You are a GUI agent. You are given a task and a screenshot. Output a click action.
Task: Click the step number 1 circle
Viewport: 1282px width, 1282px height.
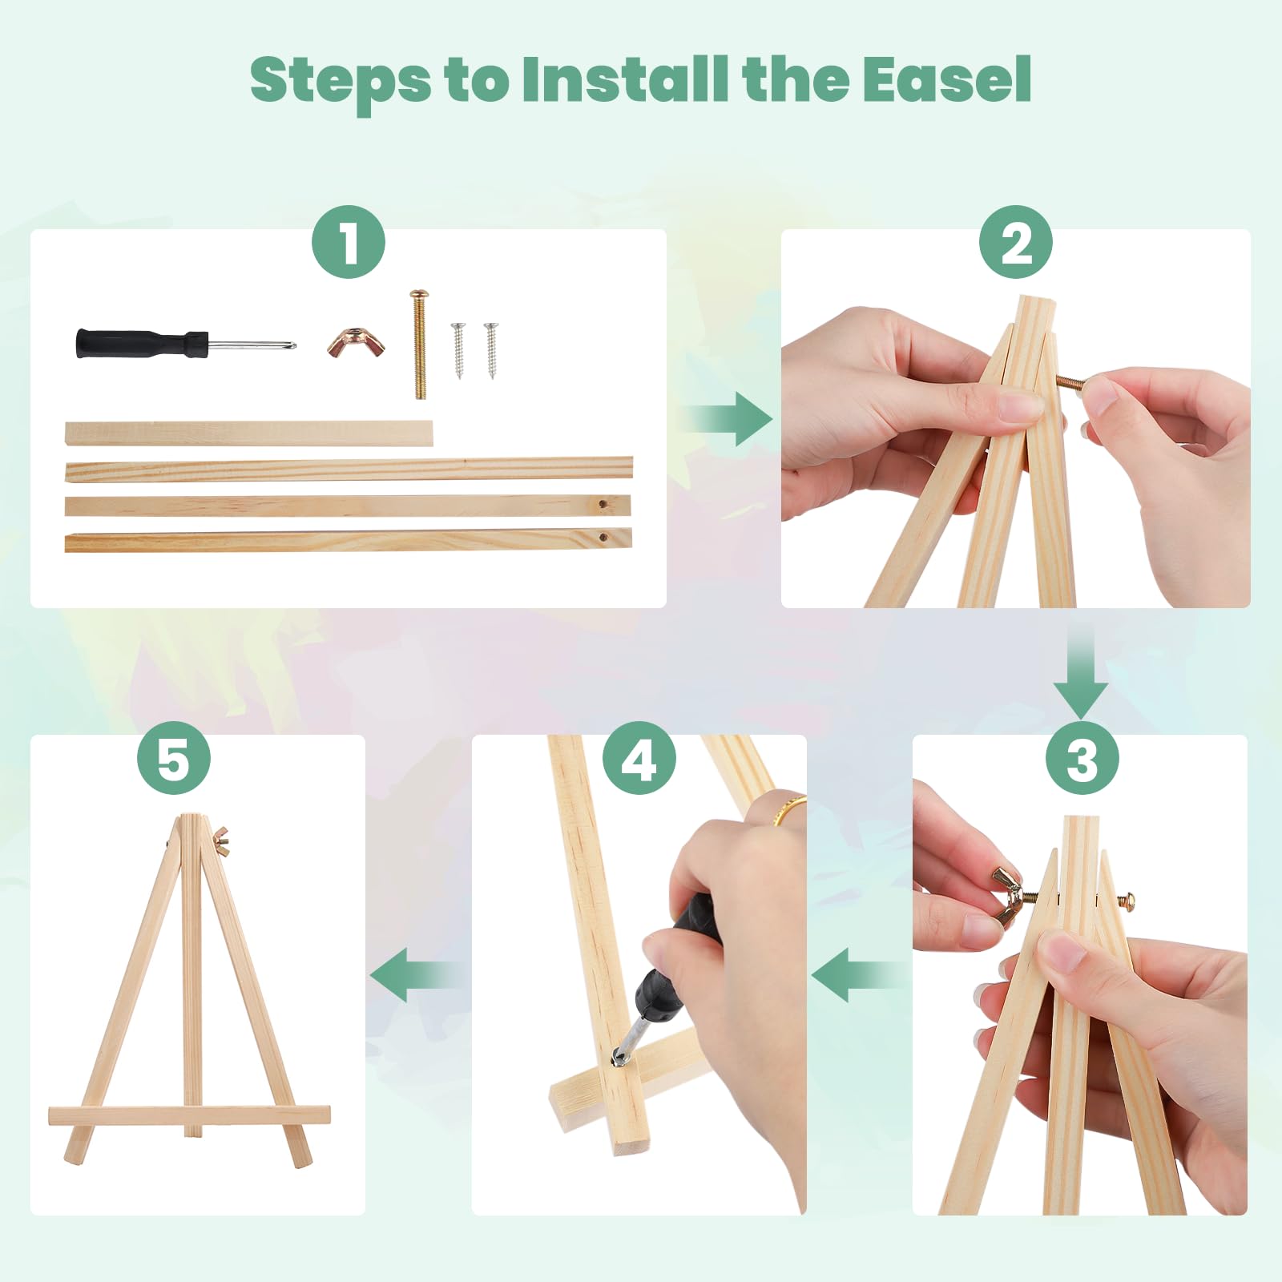pos(349,242)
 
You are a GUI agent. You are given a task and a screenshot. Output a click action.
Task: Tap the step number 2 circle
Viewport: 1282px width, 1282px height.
pos(1016,242)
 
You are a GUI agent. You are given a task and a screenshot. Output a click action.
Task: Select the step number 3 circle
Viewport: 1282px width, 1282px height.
pos(1082,758)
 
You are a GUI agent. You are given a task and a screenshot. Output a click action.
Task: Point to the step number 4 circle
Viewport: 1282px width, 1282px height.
pos(639,758)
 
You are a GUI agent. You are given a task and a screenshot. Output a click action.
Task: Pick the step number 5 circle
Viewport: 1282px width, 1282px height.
pos(174,758)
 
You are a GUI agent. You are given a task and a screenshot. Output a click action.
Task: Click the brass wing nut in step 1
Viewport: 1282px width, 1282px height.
pos(356,343)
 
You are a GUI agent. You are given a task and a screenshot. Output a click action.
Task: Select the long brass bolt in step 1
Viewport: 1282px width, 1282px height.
pos(419,345)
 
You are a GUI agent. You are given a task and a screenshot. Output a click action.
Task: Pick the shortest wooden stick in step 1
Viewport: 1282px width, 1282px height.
pos(248,433)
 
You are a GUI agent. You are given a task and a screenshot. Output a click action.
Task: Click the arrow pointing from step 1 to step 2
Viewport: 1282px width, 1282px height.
pos(728,419)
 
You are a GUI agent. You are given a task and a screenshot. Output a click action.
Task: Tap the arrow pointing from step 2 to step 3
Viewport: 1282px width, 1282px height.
pos(1081,673)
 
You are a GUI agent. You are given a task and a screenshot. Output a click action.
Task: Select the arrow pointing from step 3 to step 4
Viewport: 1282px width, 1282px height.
pos(857,975)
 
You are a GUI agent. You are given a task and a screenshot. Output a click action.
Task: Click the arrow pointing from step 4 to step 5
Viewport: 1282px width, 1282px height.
pos(416,975)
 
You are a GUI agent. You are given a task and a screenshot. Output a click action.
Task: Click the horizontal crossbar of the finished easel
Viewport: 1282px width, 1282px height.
pos(189,1115)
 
